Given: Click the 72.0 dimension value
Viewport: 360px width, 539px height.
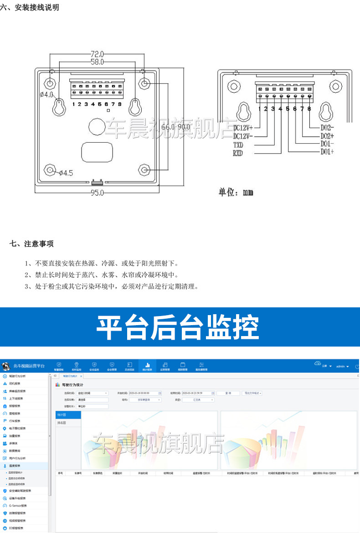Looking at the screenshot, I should pos(97,53).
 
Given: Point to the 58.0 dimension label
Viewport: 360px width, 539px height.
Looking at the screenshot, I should pos(97,62).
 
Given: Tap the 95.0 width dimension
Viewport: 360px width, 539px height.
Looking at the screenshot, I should pos(97,193).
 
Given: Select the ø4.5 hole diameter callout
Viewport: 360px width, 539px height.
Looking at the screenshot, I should pos(66,173).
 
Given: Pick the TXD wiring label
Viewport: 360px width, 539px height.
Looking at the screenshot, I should pos(238,145).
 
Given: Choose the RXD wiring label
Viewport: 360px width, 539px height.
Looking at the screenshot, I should pos(238,153).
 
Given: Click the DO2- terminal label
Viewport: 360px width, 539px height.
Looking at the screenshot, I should pos(327,128).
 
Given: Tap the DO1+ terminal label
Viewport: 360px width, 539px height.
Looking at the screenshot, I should pos(327,151).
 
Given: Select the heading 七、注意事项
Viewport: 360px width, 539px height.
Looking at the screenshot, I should pos(31,244).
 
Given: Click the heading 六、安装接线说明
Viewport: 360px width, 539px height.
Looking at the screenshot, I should pos(30,8).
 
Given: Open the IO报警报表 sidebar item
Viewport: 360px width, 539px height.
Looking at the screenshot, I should pos(17,528).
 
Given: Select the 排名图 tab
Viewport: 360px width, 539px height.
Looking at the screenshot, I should pos(62,423).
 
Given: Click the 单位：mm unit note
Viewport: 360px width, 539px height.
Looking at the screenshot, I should pos(236,192).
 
